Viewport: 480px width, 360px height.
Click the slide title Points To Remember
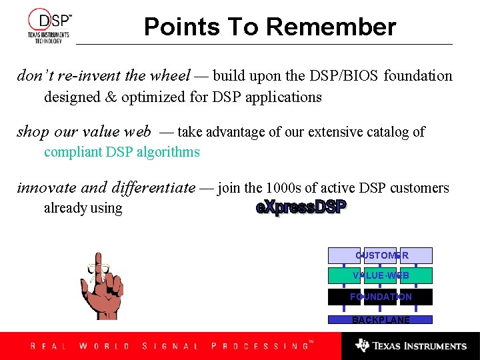click(x=270, y=27)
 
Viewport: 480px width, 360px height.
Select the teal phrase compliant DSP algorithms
click(x=121, y=152)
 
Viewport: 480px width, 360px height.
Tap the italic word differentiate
click(x=147, y=188)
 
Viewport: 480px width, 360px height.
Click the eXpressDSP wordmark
click(x=301, y=207)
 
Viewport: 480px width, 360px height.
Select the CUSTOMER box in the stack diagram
click(x=381, y=255)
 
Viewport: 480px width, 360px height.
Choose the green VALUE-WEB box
click(x=381, y=275)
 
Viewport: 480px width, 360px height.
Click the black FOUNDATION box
click(x=381, y=297)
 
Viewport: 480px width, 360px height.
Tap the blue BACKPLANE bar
click(x=381, y=320)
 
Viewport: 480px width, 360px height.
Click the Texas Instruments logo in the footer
click(x=411, y=346)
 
